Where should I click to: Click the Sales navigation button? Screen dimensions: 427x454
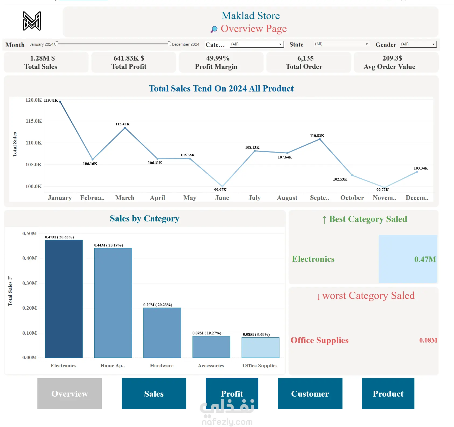point(154,393)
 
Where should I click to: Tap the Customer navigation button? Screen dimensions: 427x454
point(310,393)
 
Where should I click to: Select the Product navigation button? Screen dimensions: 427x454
point(388,393)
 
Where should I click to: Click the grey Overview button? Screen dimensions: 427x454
point(69,393)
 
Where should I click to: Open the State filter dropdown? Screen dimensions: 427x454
point(341,44)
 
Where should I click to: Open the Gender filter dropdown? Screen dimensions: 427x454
point(418,44)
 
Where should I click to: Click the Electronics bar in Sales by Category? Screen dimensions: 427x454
point(64,299)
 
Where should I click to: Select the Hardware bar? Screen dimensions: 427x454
point(162,333)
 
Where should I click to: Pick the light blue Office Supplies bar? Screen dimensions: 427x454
point(260,347)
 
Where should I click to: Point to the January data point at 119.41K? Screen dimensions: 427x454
point(60,102)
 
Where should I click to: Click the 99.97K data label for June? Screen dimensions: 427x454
point(220,190)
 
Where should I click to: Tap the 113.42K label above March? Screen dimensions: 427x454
point(123,124)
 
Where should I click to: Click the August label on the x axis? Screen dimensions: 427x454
point(287,198)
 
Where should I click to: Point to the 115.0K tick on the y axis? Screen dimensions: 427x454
point(34,121)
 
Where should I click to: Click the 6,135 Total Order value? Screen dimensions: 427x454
point(305,58)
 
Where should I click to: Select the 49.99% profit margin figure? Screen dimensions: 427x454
point(218,58)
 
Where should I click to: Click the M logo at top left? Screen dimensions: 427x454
point(32,21)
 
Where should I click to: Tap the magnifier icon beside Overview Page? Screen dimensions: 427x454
point(214,29)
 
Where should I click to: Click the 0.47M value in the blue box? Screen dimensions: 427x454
point(425,259)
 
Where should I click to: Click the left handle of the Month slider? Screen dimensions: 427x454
point(56,44)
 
